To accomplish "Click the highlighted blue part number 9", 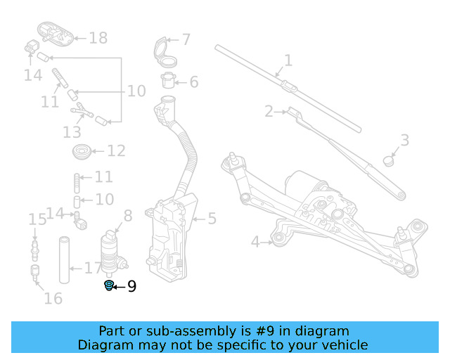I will (109, 285).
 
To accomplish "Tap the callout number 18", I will (98, 38).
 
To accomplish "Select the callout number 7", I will (186, 40).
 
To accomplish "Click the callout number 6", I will (193, 82).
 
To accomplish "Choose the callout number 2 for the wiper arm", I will (269, 111).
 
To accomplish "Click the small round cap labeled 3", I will (389, 160).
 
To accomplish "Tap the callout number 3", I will (404, 140).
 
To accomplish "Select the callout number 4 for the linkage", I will (256, 242).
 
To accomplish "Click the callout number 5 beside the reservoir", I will (212, 219).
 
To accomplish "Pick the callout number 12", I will (116, 150).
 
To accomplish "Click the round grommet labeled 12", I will (82, 151).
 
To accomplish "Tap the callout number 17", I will (93, 268).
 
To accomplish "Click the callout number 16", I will (53, 298).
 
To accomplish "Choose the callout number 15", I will (37, 219).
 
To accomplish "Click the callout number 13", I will (72, 131).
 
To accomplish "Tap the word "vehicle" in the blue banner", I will (342, 345).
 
